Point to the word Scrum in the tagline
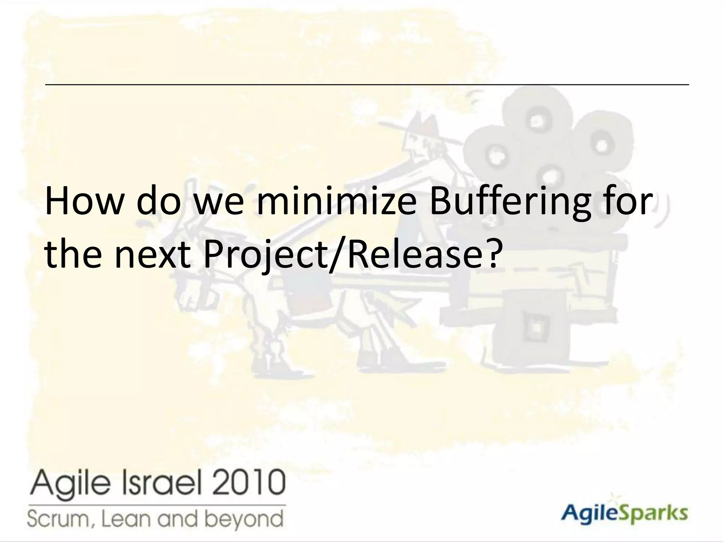coord(57,519)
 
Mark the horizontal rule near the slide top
coord(367,85)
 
